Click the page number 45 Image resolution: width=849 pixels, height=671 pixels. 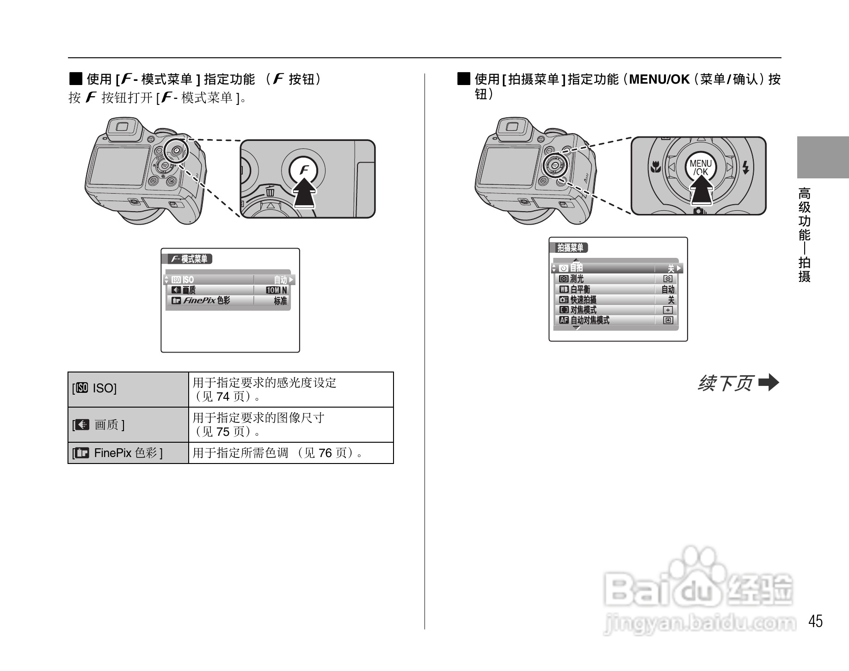pyautogui.click(x=816, y=621)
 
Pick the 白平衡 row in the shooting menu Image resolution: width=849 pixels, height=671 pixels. pyautogui.click(x=615, y=289)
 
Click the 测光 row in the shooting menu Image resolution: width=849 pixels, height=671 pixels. pyautogui.click(x=615, y=279)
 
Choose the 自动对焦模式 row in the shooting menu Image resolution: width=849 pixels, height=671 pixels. pyautogui.click(x=615, y=320)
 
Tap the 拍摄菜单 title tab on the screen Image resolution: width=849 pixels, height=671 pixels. pyautogui.click(x=571, y=248)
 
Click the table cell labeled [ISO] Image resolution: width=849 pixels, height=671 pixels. pyautogui.click(x=128, y=389)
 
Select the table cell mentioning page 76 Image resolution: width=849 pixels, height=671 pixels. pyautogui.click(x=291, y=453)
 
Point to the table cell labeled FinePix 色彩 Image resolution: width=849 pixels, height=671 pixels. pyautogui.click(x=128, y=453)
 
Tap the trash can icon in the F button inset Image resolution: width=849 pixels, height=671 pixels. pyautogui.click(x=271, y=191)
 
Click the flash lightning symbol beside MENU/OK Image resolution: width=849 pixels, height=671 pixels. pyautogui.click(x=745, y=167)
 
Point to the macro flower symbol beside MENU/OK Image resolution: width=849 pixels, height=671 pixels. pyautogui.click(x=655, y=167)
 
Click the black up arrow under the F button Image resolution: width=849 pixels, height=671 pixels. pyautogui.click(x=305, y=194)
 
